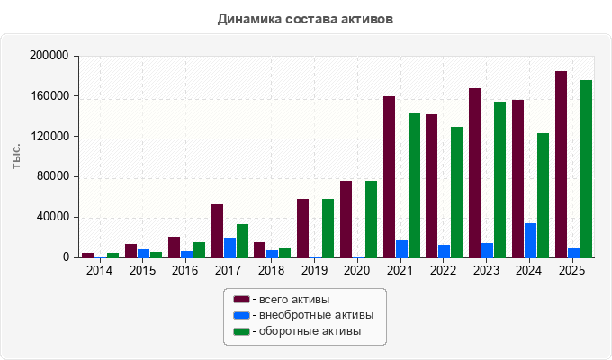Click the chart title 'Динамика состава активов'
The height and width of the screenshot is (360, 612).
coord(305,19)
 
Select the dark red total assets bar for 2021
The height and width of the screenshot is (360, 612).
coord(389,177)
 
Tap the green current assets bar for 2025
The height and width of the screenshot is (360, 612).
coord(586,169)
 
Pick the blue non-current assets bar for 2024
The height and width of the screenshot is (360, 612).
coord(530,240)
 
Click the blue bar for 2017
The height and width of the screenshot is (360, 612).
coord(229,247)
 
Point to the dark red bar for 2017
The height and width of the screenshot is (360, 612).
coord(218,231)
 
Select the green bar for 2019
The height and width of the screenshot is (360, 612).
coord(328,229)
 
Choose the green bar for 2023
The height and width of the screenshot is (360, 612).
coord(500,180)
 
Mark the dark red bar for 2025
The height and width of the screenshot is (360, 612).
coord(562,165)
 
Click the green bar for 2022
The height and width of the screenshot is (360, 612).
coord(456,192)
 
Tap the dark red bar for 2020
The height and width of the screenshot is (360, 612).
coord(346,220)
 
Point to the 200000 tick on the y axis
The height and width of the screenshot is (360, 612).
coord(49,56)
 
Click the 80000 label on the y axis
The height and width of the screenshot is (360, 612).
coord(53,176)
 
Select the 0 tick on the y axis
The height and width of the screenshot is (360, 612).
coord(66,257)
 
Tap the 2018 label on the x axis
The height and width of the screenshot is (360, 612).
coord(271,270)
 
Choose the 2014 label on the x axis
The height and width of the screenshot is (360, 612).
coord(99,270)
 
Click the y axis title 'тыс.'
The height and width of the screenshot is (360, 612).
coord(16,157)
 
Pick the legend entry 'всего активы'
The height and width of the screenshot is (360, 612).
coord(282,300)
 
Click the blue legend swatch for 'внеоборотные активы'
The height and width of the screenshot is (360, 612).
coord(241,315)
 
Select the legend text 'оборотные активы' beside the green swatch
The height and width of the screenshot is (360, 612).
coord(310,331)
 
